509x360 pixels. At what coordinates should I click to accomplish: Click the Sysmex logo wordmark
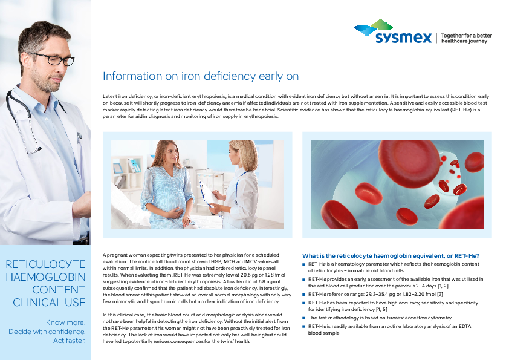click(403, 38)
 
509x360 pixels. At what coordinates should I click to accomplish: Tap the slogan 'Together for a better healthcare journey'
click(467, 38)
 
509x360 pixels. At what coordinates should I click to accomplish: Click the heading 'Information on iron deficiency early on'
click(201, 76)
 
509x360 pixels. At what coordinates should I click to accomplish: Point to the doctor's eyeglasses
click(53, 59)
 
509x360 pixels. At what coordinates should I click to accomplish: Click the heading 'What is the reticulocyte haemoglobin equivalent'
click(391, 256)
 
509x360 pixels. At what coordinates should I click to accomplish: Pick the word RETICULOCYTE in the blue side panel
click(45, 264)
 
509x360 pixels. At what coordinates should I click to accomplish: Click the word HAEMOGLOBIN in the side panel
click(45, 277)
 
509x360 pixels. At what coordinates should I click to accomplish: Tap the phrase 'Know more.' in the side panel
click(65, 322)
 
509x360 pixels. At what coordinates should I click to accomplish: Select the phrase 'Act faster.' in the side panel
click(69, 341)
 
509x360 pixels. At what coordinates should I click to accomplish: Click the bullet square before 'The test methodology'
click(304, 318)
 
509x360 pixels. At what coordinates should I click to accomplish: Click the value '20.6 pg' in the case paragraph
click(249, 275)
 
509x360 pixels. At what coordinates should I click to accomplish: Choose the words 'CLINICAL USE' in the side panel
click(49, 303)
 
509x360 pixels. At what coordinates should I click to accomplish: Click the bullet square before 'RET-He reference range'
click(304, 295)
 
